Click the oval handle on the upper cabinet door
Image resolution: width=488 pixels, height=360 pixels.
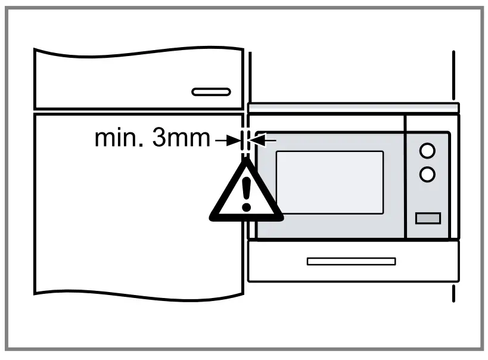(x=211, y=92)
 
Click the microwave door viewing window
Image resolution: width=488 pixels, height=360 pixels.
(x=330, y=182)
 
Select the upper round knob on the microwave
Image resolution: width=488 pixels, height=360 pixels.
(x=427, y=151)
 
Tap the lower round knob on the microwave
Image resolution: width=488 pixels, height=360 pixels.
(x=427, y=174)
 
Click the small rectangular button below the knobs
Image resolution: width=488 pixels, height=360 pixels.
(x=428, y=218)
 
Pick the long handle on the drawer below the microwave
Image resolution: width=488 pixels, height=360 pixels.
(x=351, y=261)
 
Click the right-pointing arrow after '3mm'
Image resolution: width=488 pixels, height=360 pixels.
(x=225, y=141)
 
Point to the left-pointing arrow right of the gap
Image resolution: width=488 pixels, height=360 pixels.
(x=265, y=141)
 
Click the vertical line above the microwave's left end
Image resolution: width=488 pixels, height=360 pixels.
(x=250, y=76)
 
